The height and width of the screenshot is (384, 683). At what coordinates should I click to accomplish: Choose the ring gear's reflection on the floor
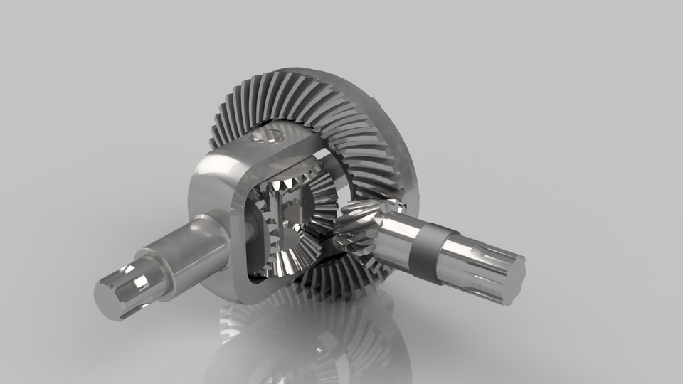point(313,341)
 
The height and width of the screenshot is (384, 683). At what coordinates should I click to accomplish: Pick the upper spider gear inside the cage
point(285,186)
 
